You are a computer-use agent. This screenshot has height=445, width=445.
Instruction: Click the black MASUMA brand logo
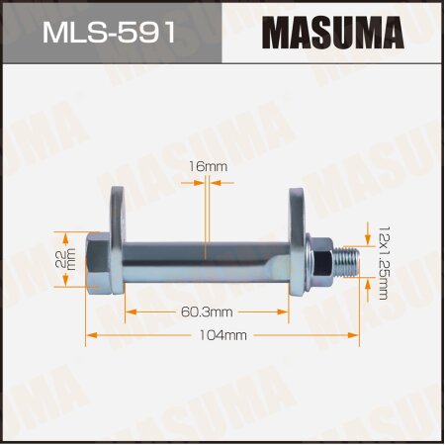[x=332, y=32]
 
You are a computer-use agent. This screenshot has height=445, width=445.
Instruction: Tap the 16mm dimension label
[x=208, y=167]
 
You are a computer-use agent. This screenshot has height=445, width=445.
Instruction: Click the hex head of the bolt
[x=99, y=259]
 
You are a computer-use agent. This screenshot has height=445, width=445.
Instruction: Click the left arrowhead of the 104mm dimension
[x=90, y=336]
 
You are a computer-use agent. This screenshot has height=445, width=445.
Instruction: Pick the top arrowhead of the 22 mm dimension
[x=66, y=235]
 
